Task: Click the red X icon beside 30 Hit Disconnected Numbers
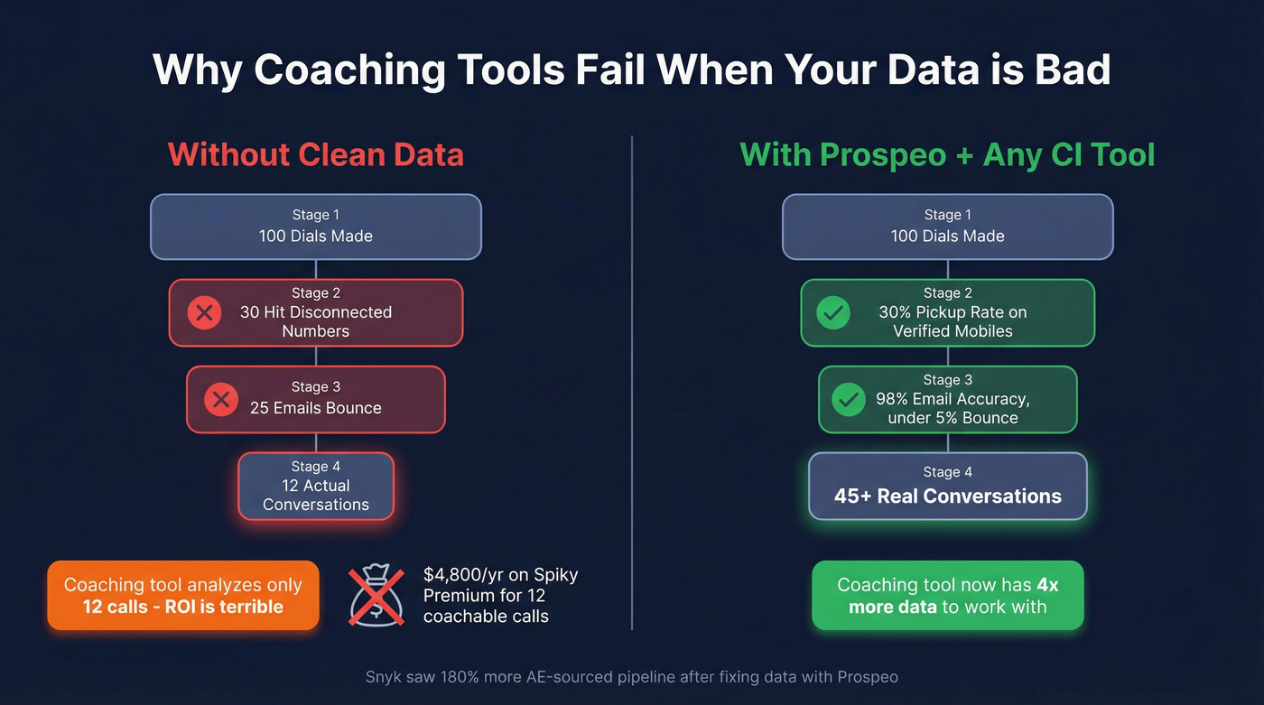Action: pos(204,313)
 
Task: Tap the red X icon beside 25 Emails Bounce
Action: pos(221,399)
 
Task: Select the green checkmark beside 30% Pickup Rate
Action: pos(832,313)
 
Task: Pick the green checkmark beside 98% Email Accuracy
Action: pos(848,399)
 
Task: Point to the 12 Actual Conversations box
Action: pos(316,486)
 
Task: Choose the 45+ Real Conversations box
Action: pos(947,487)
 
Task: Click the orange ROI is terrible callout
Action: pos(183,596)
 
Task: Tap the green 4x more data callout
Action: pos(947,596)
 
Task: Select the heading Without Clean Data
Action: pos(315,154)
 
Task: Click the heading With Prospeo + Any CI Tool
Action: pos(947,154)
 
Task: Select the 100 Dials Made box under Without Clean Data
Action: pos(316,227)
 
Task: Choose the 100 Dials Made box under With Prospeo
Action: pos(947,227)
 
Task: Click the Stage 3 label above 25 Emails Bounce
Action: pos(315,386)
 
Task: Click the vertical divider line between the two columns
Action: pos(632,379)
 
